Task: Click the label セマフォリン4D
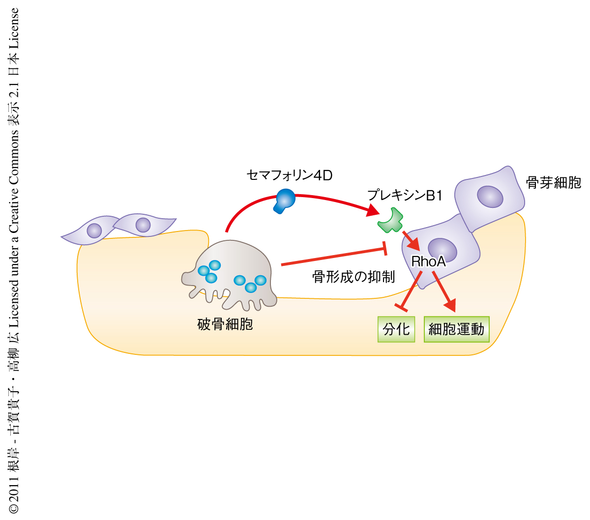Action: coord(289,175)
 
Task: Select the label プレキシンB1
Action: coord(405,196)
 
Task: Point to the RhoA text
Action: coord(428,261)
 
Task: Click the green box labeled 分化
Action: coord(396,329)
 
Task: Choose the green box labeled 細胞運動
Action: coord(456,329)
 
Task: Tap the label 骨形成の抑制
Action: coord(353,277)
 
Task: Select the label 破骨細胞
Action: coord(225,324)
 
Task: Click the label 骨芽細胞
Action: coord(553,183)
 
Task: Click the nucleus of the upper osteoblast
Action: coord(490,197)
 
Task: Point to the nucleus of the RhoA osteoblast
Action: coord(442,249)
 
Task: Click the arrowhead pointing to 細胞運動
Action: coord(450,306)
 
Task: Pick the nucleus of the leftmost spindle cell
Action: coord(94,230)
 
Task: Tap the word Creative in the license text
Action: coord(13,208)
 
